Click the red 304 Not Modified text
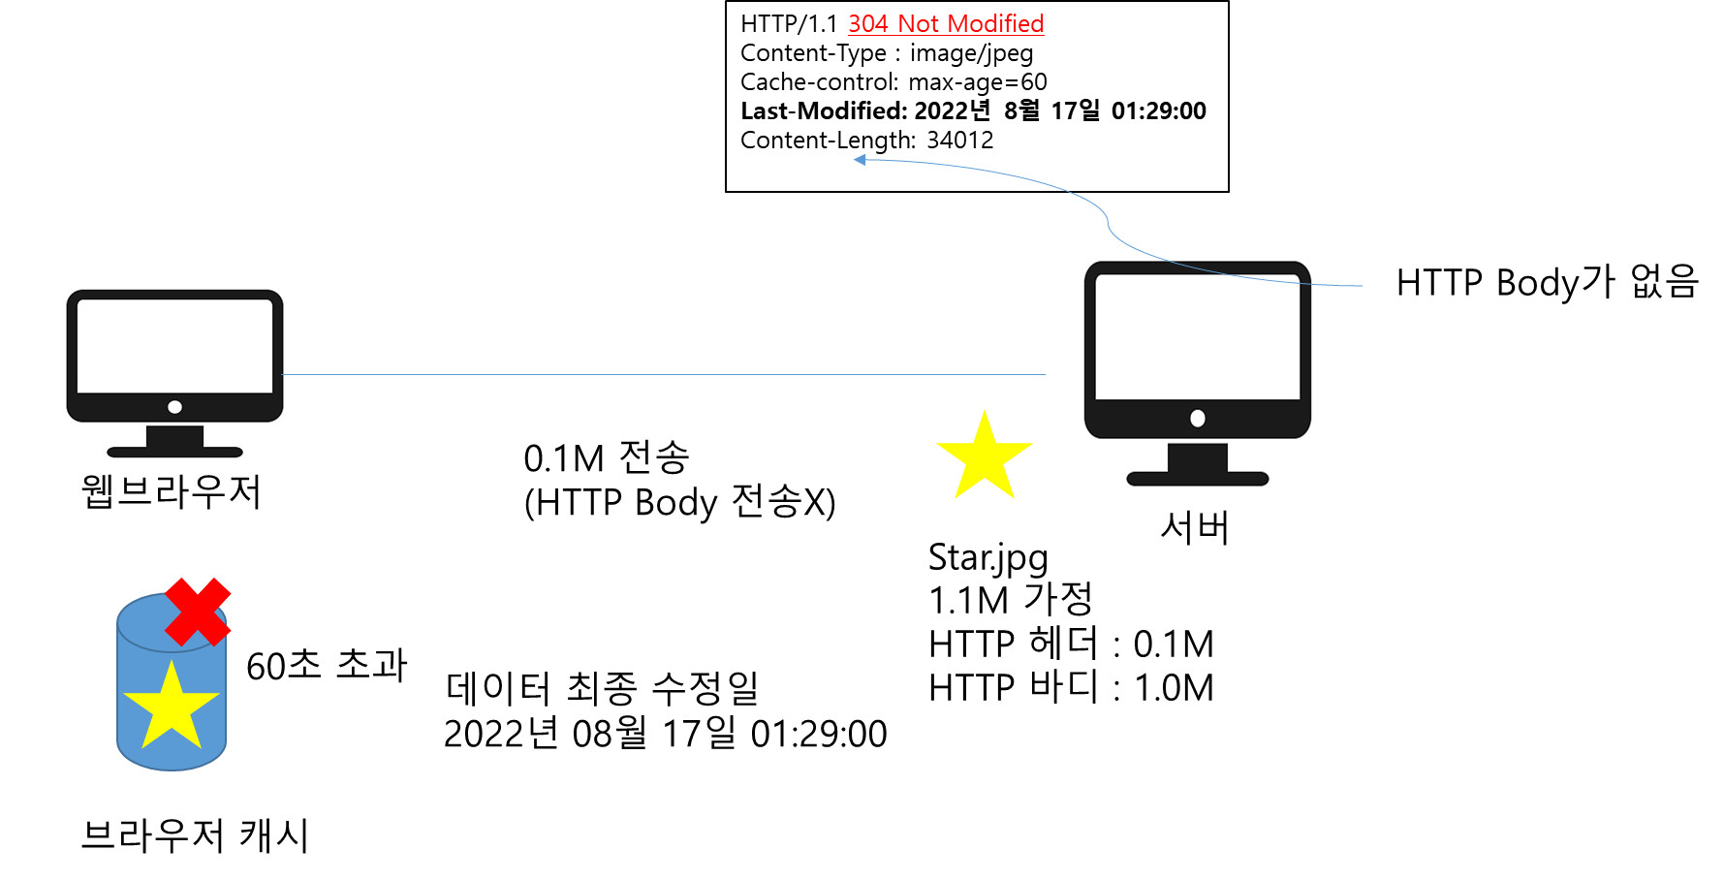click(x=946, y=24)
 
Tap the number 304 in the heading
click(x=868, y=24)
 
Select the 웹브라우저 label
click(x=172, y=491)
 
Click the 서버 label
click(x=1195, y=528)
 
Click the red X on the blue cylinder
click(x=198, y=612)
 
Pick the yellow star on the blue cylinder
click(x=172, y=707)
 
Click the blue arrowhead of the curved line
click(x=860, y=159)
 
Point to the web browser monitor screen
click(x=174, y=346)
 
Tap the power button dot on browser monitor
click(x=174, y=407)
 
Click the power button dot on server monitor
click(x=1198, y=419)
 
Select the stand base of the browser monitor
click(x=174, y=451)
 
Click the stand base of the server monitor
click(x=1197, y=478)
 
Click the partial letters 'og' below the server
click(x=1030, y=559)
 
